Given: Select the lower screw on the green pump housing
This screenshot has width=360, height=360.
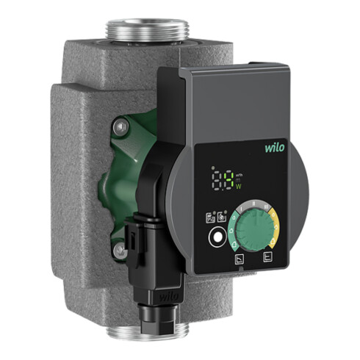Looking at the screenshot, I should click(118, 251).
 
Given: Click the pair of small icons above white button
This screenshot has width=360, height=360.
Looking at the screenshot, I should click(215, 219).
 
